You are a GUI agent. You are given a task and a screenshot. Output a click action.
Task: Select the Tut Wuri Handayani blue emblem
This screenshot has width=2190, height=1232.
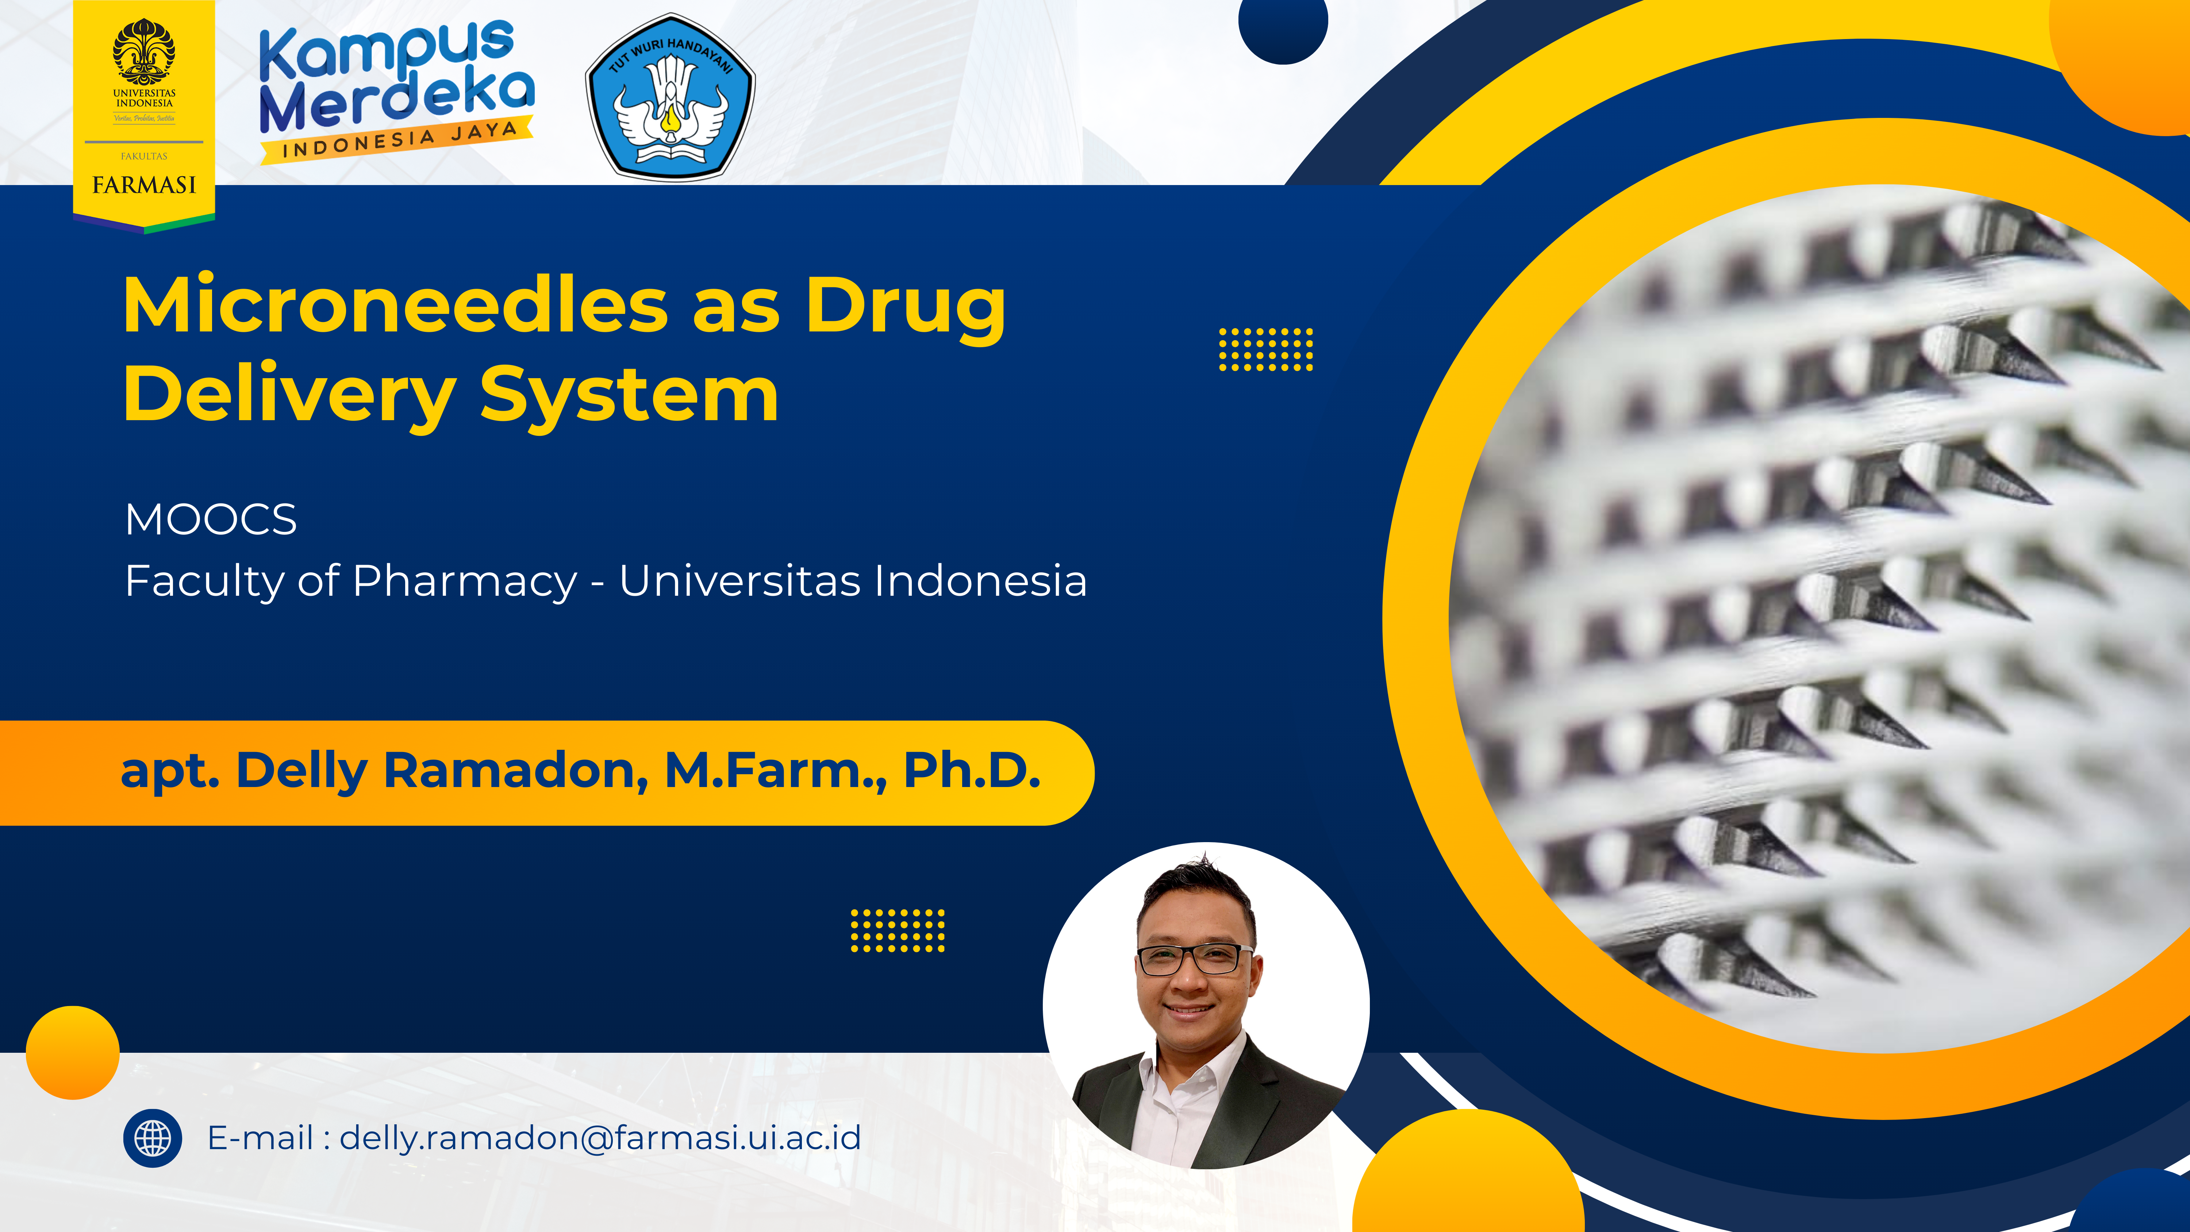click(x=670, y=96)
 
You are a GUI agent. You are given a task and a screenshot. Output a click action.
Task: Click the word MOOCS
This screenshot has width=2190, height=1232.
click(x=211, y=519)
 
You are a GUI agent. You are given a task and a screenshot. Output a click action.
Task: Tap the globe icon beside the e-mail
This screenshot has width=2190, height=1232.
click(x=153, y=1139)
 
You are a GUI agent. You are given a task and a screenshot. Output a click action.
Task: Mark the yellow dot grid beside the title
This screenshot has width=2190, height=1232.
click(x=1266, y=349)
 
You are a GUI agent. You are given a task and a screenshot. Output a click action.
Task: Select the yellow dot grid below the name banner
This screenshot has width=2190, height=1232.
click(x=898, y=930)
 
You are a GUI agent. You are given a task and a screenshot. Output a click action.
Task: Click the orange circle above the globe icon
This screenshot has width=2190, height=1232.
click(x=73, y=1053)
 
